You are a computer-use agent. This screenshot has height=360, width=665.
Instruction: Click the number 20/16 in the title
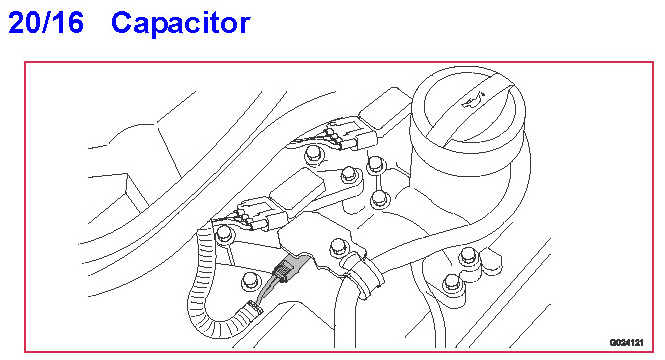click(46, 22)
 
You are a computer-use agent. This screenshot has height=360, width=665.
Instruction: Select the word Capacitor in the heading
click(181, 24)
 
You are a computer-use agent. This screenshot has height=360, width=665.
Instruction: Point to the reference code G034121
click(626, 342)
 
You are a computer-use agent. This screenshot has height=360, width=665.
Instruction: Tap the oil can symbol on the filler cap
click(474, 100)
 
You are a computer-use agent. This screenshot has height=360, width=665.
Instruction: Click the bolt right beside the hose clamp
click(338, 247)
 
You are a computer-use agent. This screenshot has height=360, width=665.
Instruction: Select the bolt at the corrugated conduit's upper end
click(224, 234)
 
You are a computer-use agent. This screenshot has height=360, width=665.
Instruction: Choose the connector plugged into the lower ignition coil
click(260, 215)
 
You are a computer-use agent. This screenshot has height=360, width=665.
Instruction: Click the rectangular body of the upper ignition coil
click(385, 108)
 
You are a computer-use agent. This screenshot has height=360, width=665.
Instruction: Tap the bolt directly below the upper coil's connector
click(313, 153)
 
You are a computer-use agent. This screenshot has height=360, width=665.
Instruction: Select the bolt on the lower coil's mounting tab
click(349, 174)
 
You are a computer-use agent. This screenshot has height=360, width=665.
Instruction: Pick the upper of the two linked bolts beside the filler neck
click(375, 164)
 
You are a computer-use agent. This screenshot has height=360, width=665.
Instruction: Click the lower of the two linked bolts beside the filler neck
click(379, 198)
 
